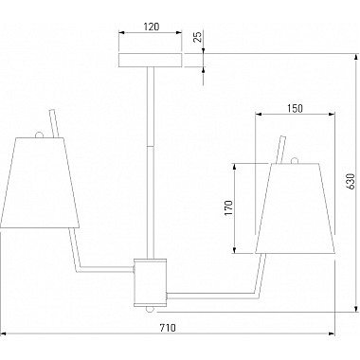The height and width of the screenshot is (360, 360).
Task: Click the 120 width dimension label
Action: [x=152, y=27]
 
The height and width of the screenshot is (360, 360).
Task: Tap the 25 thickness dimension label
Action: [x=197, y=38]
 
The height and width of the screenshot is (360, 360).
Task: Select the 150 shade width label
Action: [x=295, y=108]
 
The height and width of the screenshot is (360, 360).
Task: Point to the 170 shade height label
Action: [x=228, y=207]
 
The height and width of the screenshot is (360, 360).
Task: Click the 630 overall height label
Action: [x=351, y=182]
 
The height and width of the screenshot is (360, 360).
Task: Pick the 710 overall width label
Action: [x=168, y=328]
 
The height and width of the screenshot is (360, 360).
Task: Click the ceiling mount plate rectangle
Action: [x=151, y=61]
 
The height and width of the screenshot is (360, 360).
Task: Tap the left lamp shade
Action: [x=40, y=183]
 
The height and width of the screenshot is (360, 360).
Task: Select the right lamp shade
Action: [x=295, y=208]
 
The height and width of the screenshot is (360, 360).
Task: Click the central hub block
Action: [x=151, y=282]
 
